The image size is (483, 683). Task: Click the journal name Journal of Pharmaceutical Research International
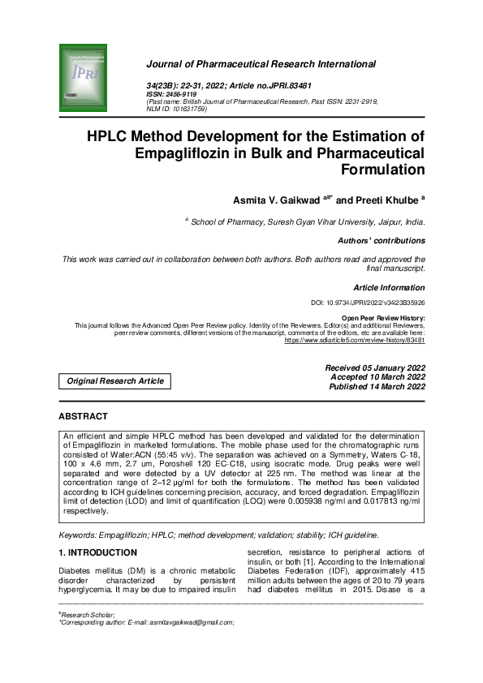pyautogui.click(x=261, y=64)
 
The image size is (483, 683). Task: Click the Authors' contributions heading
pyautogui.click(x=381, y=241)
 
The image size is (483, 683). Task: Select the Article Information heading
pyautogui.click(x=389, y=288)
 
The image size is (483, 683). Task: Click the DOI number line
pyautogui.click(x=363, y=303)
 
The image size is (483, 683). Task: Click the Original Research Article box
pyautogui.click(x=114, y=380)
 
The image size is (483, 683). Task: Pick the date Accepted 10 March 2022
pyautogui.click(x=377, y=377)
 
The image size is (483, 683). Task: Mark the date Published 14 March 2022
pyautogui.click(x=377, y=387)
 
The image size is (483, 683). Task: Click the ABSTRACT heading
pyautogui.click(x=83, y=417)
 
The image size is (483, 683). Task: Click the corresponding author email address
pyautogui.click(x=191, y=622)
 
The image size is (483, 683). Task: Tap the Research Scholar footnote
pyautogui.click(x=88, y=615)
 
